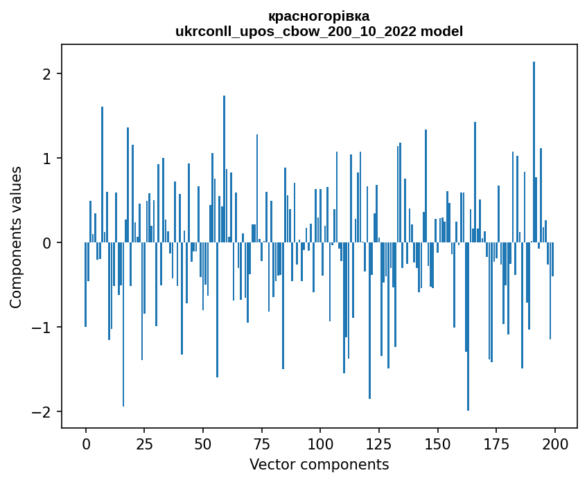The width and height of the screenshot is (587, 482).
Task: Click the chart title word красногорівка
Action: (x=319, y=16)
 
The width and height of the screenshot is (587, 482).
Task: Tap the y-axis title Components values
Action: (x=16, y=237)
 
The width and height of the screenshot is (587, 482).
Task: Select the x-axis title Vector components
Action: (x=319, y=464)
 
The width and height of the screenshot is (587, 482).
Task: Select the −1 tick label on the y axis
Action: (x=44, y=328)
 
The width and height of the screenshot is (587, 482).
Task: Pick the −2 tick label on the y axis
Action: (x=44, y=412)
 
